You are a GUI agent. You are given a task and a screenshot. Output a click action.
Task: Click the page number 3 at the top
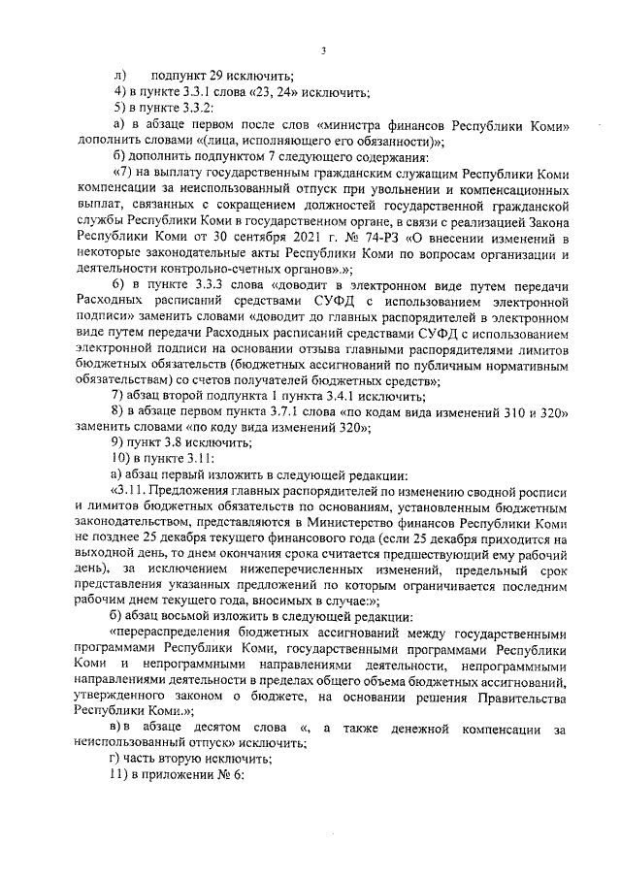[x=324, y=51]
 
